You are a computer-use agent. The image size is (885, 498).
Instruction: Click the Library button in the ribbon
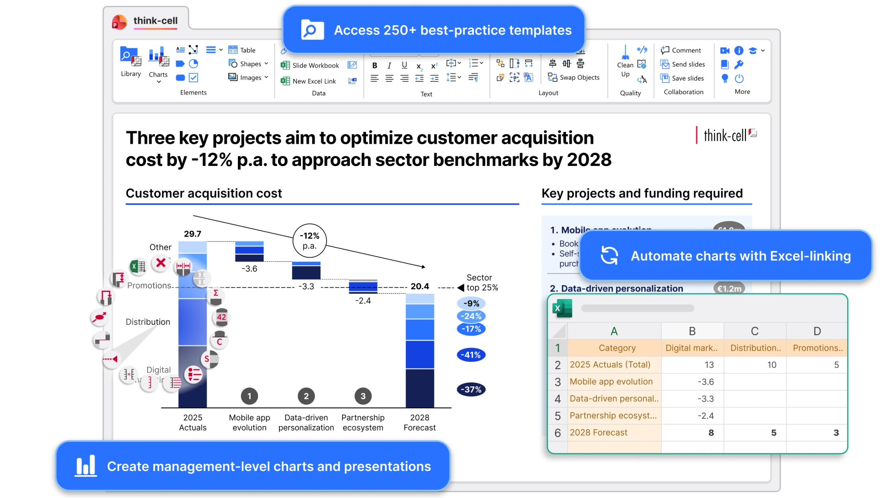click(131, 61)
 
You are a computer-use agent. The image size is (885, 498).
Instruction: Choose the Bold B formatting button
click(375, 66)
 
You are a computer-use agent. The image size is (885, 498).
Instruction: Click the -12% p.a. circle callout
click(310, 241)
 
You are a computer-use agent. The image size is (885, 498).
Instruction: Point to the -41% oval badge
click(471, 355)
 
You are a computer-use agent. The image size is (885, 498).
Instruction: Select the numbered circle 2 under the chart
click(306, 396)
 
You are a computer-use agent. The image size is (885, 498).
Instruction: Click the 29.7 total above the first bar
click(192, 234)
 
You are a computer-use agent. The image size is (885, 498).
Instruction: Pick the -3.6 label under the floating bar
click(249, 269)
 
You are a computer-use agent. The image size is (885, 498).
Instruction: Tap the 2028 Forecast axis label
click(419, 422)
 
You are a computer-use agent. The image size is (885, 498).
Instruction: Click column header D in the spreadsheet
click(817, 331)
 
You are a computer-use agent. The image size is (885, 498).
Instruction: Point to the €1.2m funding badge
click(729, 288)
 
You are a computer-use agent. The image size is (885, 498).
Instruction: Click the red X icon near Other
click(161, 263)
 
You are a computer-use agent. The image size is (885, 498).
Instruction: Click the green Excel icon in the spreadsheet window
click(562, 308)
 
